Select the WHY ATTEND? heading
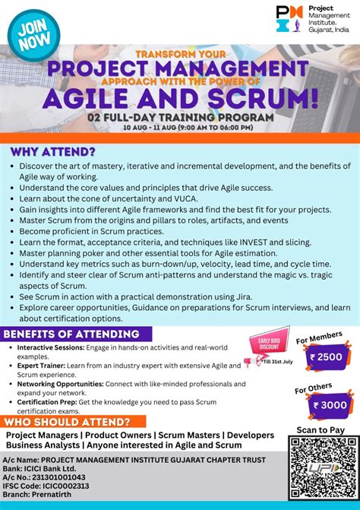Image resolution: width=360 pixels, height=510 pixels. tap(52, 150)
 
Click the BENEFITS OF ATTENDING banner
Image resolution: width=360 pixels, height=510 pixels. tap(72, 334)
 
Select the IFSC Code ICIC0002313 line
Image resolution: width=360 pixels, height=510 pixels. tap(46, 486)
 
